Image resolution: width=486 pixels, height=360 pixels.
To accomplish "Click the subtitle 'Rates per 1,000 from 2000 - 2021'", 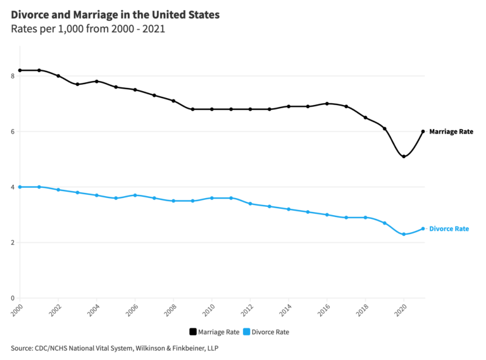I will [88, 29].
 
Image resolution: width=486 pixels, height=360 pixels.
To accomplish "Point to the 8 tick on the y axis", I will [13, 76].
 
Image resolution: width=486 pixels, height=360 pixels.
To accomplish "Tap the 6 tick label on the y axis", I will [13, 132].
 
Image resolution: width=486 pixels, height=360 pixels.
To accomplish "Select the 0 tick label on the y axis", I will [13, 298].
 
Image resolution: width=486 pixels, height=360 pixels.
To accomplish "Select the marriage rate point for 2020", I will [404, 156].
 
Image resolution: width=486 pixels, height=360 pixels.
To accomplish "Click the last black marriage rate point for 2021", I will [423, 132].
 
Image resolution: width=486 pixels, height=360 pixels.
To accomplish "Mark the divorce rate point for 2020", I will [404, 234].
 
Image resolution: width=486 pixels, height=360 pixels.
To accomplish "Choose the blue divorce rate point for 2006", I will [135, 196].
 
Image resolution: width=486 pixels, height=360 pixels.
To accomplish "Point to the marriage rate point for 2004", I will [96, 81].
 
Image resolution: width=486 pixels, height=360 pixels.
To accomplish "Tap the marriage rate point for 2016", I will [327, 104].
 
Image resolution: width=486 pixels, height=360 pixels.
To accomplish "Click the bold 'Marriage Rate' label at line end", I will [451, 132].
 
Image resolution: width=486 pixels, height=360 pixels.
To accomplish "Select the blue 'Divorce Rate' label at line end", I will [449, 229].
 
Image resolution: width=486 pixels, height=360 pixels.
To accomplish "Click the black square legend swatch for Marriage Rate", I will [193, 332].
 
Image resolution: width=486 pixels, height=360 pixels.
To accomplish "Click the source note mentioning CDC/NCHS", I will [115, 348].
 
